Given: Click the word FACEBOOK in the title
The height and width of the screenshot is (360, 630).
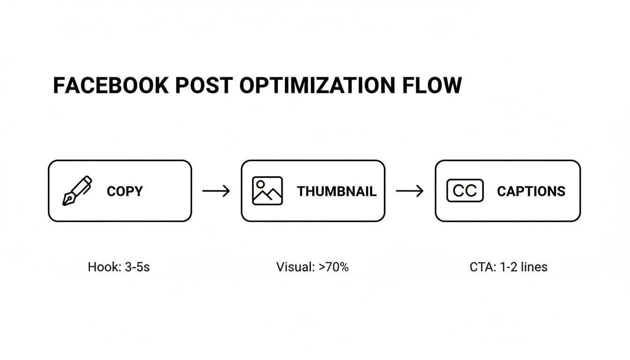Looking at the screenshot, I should pyautogui.click(x=111, y=86).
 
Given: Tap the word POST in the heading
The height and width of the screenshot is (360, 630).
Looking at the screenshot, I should pyautogui.click(x=203, y=86).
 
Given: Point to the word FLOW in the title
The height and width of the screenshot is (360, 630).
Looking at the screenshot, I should pyautogui.click(x=432, y=86).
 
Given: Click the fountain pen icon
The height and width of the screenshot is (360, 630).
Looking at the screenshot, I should pyautogui.click(x=77, y=191).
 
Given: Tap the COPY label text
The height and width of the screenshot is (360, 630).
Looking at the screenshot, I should pyautogui.click(x=125, y=191).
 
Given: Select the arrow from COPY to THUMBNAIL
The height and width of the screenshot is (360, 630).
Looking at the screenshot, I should pyautogui.click(x=216, y=191).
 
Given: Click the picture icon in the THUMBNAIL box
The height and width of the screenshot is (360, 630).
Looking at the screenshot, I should pyautogui.click(x=267, y=191).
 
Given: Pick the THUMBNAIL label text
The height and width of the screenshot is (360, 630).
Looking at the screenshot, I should pyautogui.click(x=337, y=191).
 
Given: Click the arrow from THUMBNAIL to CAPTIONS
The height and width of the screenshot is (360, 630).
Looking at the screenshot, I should pyautogui.click(x=410, y=191).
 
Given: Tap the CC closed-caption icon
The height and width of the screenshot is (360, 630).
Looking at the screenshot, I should pyautogui.click(x=465, y=191).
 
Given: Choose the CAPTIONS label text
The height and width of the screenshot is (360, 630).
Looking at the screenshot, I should pyautogui.click(x=531, y=191).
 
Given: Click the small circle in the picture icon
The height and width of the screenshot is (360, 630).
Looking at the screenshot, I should pyautogui.click(x=260, y=183).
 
